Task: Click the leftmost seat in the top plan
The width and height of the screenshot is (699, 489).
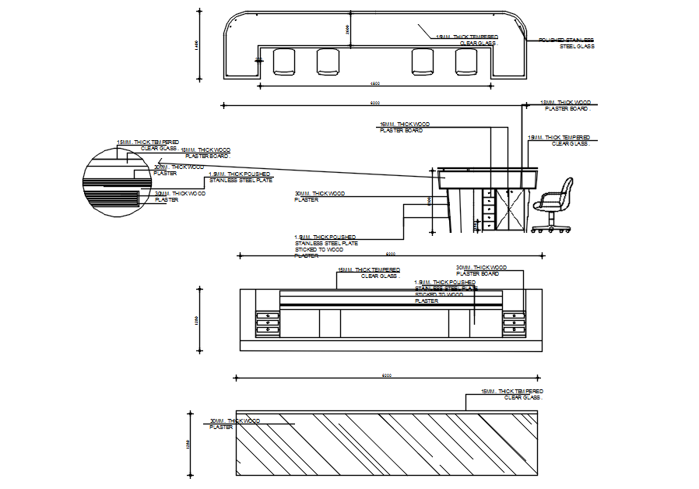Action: coord(284,62)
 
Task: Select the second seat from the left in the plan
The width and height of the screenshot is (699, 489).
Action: coord(328,62)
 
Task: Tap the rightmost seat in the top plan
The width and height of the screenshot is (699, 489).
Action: coord(466,62)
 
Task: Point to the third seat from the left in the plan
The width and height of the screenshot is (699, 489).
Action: coord(423,62)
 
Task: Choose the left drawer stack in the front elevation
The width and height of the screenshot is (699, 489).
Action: coord(267,322)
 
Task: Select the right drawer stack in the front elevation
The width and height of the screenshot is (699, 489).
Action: coord(514,322)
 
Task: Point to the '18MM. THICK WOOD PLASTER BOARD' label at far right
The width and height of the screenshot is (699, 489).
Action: coord(567,105)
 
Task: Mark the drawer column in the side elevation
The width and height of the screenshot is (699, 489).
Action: coord(488,209)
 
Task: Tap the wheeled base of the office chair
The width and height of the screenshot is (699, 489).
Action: coord(550,227)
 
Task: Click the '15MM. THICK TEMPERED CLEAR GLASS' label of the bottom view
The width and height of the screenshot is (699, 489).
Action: coord(512,394)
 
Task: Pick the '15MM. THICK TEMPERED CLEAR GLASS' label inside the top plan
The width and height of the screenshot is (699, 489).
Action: coord(467,40)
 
